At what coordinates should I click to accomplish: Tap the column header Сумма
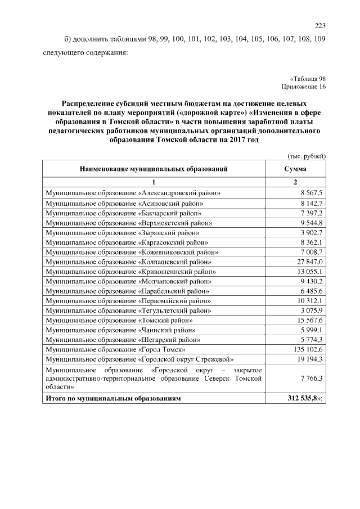point(295,169)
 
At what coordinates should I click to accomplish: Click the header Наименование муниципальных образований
point(154,169)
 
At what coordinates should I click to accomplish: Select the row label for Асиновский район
point(124,203)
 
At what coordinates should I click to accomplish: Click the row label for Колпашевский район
point(128,262)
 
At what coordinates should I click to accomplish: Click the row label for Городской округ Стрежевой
point(139,359)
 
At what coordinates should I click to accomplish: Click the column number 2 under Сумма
point(295,182)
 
